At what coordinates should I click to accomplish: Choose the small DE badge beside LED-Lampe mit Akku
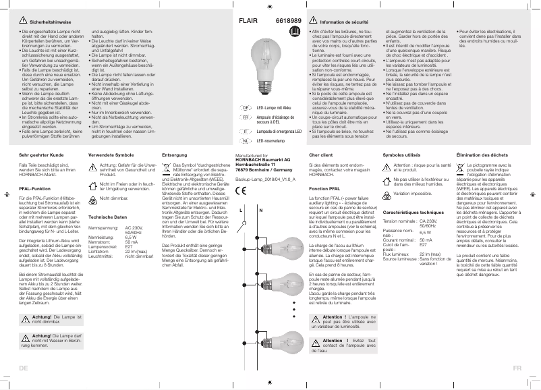click(246, 107)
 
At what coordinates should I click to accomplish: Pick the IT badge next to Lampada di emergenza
click(246, 130)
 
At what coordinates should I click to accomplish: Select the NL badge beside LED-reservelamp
click(246, 142)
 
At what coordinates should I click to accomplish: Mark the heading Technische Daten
click(108, 217)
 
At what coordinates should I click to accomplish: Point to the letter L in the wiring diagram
click(241, 211)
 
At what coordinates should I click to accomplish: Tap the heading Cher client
click(321, 156)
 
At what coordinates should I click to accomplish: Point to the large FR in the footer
click(517, 368)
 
